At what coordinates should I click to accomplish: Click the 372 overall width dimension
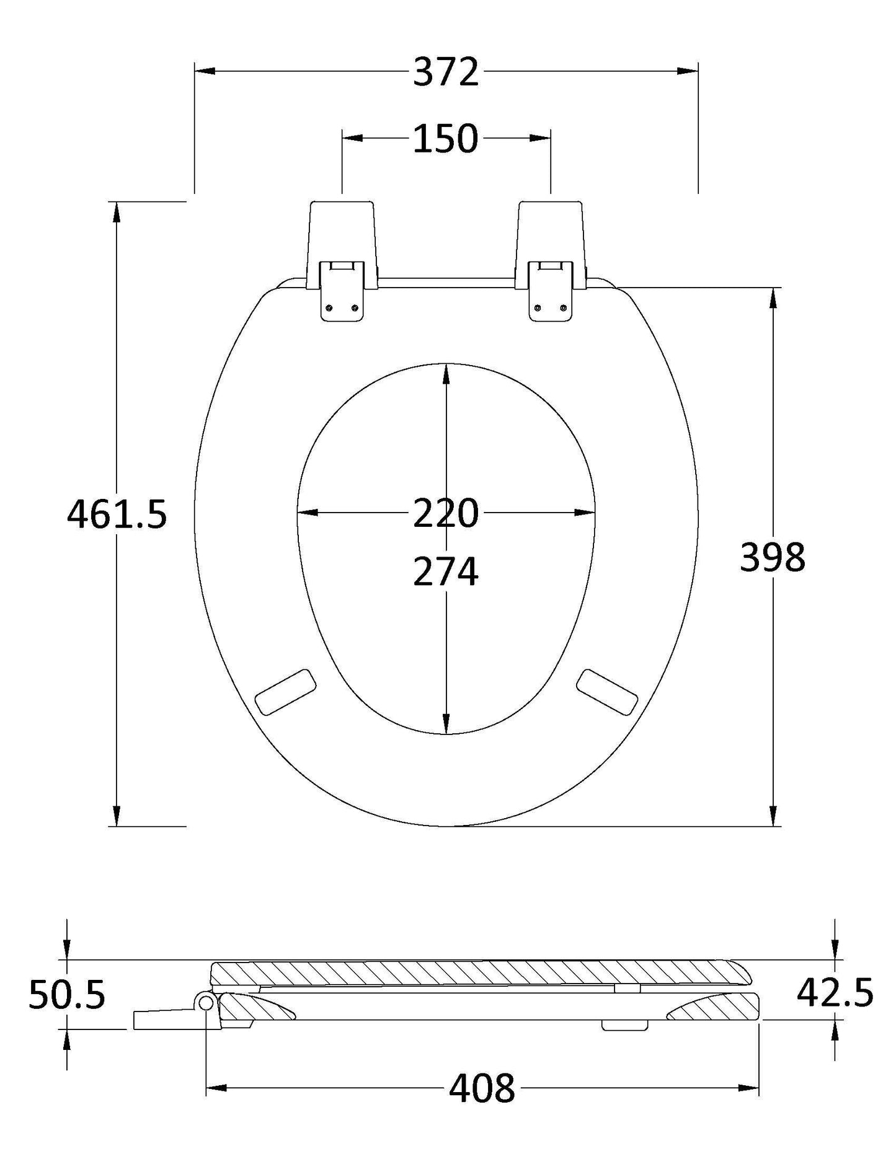click(446, 72)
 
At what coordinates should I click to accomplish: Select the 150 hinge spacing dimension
click(446, 139)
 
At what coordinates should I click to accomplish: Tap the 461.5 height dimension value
click(117, 514)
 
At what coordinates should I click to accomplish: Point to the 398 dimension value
click(773, 557)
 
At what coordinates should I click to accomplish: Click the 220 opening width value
click(446, 513)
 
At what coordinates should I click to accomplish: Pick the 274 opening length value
click(446, 571)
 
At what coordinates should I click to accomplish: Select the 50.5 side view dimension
click(67, 1011)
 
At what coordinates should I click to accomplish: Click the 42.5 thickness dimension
click(835, 1010)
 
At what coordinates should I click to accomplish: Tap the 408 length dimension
click(482, 1088)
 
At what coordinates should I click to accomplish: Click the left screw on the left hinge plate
click(329, 308)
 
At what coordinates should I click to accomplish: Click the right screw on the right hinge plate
click(562, 308)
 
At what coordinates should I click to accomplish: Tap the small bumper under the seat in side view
click(624, 1043)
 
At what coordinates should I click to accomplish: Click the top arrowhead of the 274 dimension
click(446, 374)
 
